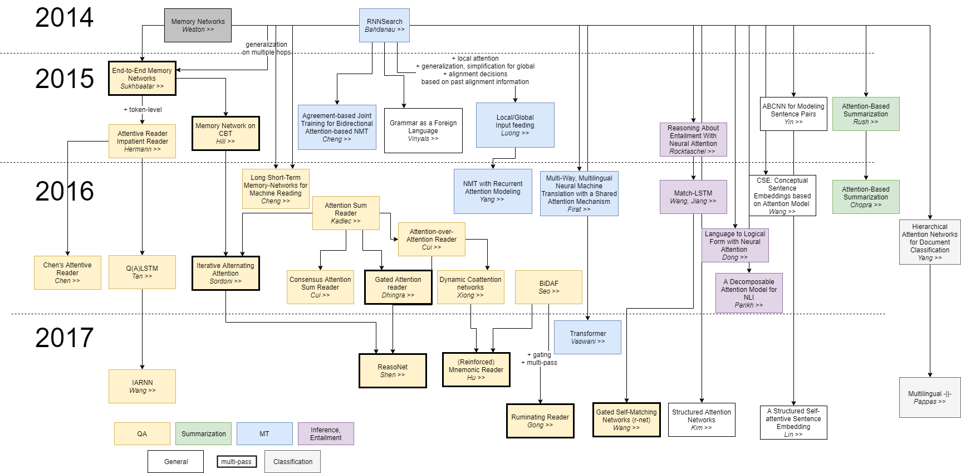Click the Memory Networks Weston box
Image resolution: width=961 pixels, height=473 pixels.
click(198, 25)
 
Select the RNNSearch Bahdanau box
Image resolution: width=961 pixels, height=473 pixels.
click(384, 25)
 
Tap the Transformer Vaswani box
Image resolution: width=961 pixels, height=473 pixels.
click(587, 337)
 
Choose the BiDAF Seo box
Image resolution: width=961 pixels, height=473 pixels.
click(548, 287)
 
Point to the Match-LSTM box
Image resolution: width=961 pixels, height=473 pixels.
click(693, 197)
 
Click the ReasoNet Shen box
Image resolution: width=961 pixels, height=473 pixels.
click(393, 370)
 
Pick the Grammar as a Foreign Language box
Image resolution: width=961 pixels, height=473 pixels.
click(423, 130)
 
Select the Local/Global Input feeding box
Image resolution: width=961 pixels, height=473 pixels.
click(515, 125)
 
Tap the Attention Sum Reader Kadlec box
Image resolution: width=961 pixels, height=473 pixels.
click(346, 213)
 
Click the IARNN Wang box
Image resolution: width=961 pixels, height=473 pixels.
click(142, 386)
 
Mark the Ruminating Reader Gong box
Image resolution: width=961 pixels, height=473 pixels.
click(540, 421)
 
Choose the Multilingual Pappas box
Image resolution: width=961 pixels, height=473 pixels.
click(930, 397)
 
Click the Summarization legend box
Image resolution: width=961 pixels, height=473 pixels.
click(203, 433)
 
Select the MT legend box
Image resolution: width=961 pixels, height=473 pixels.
click(264, 433)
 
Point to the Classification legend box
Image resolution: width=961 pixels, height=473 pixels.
click(292, 461)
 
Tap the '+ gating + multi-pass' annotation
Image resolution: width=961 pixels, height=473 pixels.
click(539, 358)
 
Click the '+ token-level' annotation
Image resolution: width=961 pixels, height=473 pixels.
click(143, 110)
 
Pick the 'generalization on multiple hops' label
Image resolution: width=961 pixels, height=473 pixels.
click(266, 48)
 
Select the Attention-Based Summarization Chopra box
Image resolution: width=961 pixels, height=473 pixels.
click(866, 197)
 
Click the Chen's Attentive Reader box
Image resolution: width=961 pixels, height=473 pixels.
click(67, 272)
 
